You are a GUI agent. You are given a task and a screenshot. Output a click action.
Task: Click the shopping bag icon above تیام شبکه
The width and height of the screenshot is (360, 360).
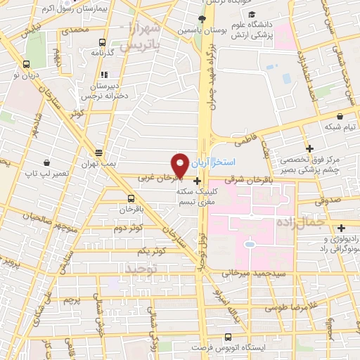tap(340, 117)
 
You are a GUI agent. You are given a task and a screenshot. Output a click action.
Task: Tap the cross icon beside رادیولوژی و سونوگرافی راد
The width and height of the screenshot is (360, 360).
tap(341, 228)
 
